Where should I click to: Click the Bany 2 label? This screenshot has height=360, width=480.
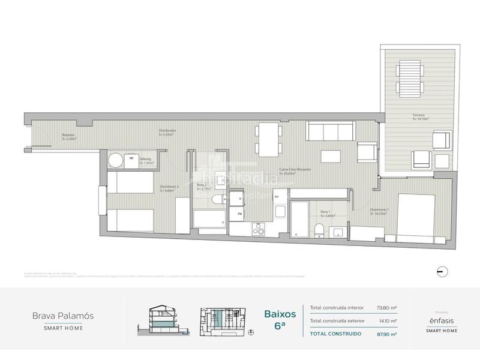pyautogui.click(x=202, y=187)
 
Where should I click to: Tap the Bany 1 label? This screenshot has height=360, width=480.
pyautogui.click(x=326, y=212)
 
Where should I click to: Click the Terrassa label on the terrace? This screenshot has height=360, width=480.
pyautogui.click(x=418, y=116)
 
